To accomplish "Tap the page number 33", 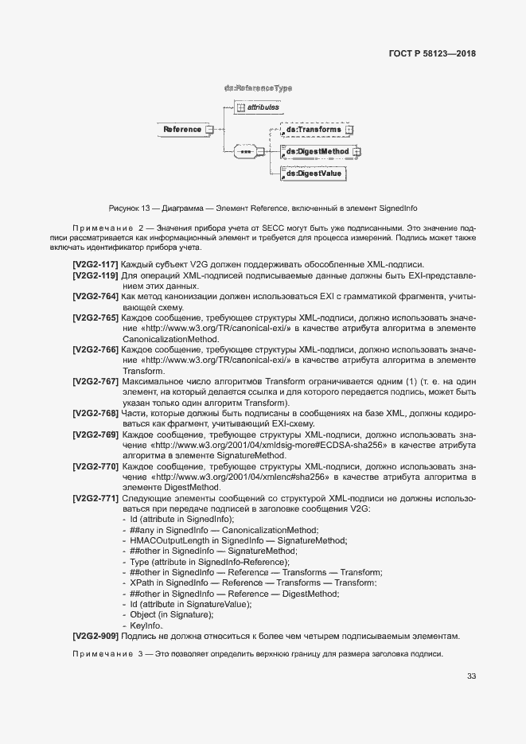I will click(471, 676).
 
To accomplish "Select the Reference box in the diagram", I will click(182, 130).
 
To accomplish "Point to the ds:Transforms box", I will click(314, 130).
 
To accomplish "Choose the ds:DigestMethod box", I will click(318, 151).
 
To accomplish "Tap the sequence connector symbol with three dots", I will click(246, 151).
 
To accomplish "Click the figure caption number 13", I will click(146, 208).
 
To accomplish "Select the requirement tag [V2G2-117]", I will click(95, 264).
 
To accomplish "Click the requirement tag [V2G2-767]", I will click(95, 382).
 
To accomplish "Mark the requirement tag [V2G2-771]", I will click(95, 498).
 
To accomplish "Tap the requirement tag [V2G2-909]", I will click(95, 636).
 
